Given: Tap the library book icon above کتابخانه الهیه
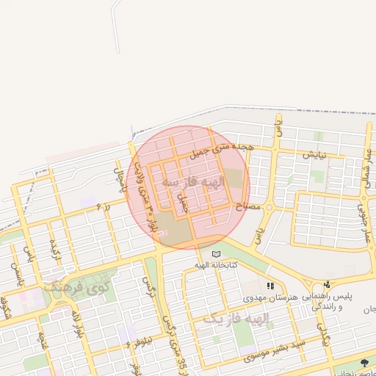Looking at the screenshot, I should [x=216, y=254].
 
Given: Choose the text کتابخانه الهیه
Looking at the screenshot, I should [x=214, y=264].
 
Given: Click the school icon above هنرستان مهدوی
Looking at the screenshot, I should [x=270, y=286].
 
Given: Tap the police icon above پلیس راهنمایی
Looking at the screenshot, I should [x=327, y=284].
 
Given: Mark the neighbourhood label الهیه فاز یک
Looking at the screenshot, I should [x=236, y=318].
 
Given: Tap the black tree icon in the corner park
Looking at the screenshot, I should [x=365, y=363].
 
